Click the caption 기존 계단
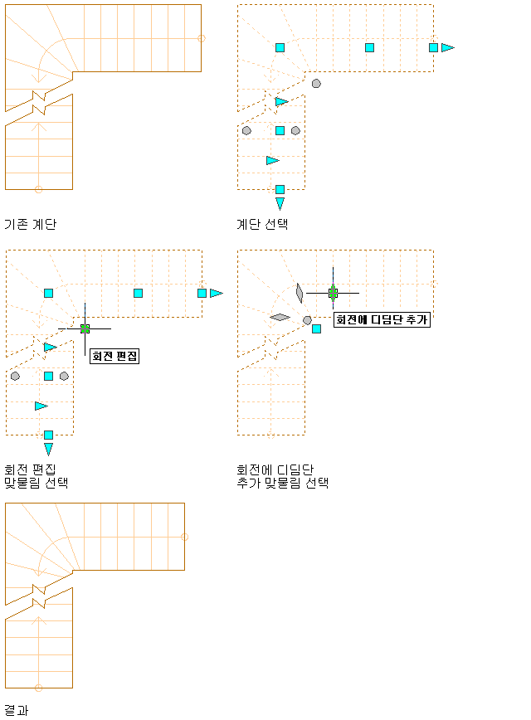(31, 224)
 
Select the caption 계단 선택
(262, 224)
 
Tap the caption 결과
(17, 710)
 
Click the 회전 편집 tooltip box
(114, 356)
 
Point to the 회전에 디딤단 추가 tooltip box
(382, 319)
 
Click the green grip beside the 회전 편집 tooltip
(85, 328)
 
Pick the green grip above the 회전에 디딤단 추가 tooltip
(333, 293)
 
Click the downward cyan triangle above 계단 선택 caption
(280, 203)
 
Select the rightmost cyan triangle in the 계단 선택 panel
(448, 47)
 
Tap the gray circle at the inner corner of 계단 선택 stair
(316, 84)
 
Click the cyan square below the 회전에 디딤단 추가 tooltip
(316, 328)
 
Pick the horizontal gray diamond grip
(280, 317)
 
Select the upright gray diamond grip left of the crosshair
(300, 293)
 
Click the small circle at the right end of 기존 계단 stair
(201, 38)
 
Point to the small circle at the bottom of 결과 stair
(39, 688)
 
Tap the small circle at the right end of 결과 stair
(185, 537)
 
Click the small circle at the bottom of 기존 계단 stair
(39, 189)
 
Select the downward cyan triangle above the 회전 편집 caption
(48, 449)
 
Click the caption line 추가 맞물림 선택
(282, 483)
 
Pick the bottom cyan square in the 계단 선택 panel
(280, 189)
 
